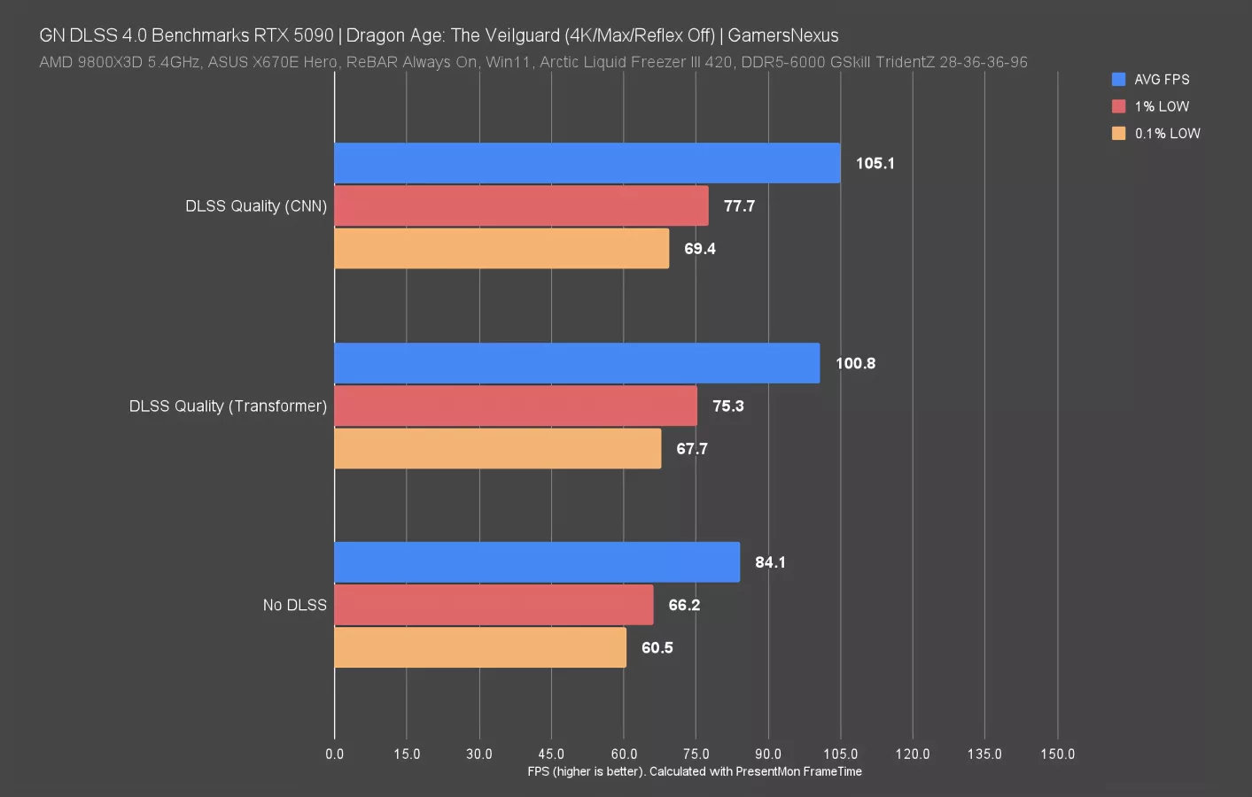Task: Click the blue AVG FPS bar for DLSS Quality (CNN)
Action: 587,163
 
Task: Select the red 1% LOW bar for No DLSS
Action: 494,605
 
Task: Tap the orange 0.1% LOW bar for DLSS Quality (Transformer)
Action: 497,449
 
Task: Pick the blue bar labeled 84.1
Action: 536,562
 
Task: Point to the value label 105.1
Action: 875,164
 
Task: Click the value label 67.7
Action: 692,449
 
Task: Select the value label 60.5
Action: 657,648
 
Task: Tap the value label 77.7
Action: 739,206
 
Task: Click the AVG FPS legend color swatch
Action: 1119,80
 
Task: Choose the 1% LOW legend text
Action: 1162,106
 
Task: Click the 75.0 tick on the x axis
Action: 696,754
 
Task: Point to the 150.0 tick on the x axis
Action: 1057,754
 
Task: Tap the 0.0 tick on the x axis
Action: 334,754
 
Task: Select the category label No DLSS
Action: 294,606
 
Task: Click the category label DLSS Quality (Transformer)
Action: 228,406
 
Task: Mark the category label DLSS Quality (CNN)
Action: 255,206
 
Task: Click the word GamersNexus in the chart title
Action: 782,35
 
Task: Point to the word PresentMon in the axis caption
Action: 768,771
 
